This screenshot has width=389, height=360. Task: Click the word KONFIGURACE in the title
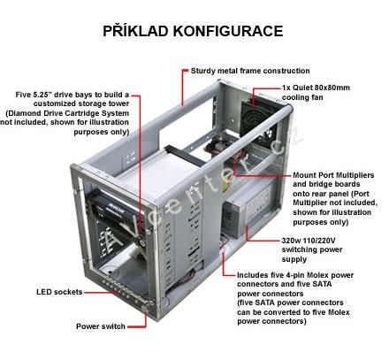(x=228, y=31)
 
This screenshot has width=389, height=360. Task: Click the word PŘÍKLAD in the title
(x=135, y=30)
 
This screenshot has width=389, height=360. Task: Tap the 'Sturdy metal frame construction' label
(x=250, y=71)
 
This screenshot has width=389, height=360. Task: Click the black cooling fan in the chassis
(x=259, y=121)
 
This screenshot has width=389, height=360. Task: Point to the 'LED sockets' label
(x=59, y=292)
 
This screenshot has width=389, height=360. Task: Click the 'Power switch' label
(x=101, y=326)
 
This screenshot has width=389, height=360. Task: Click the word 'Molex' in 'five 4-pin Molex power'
(x=317, y=275)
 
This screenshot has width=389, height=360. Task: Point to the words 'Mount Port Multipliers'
(x=333, y=175)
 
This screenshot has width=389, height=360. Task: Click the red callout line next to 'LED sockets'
(x=101, y=293)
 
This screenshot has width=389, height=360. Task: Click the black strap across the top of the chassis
(x=185, y=156)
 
